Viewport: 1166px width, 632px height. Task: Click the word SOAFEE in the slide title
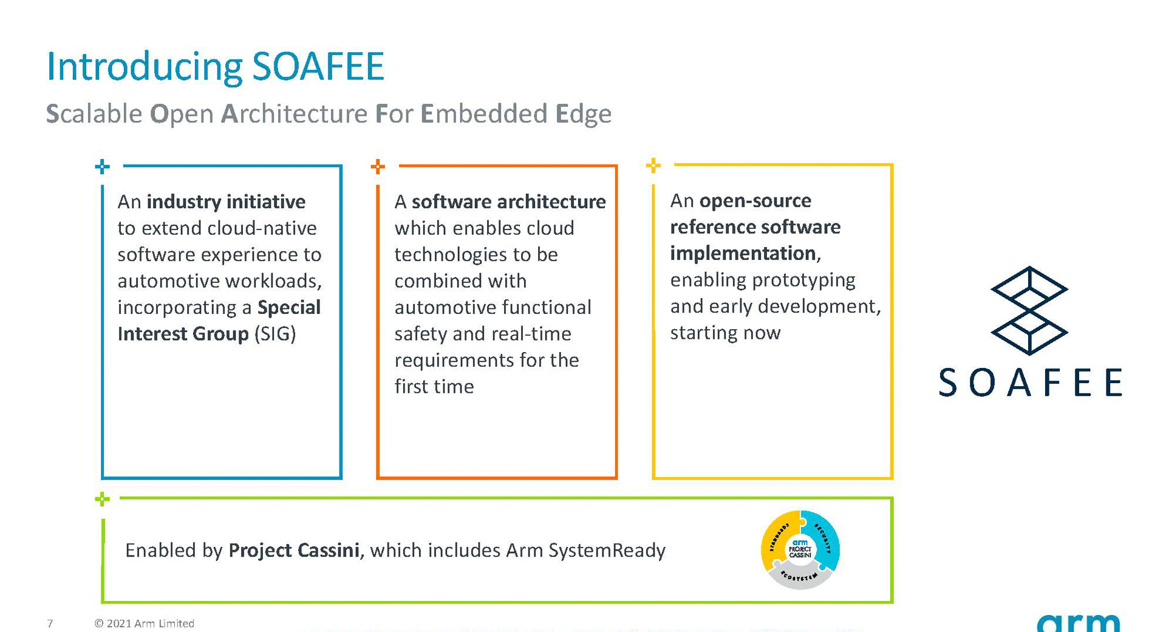point(318,66)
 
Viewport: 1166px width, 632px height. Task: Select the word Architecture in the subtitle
point(294,114)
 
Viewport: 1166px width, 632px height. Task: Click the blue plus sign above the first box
point(103,166)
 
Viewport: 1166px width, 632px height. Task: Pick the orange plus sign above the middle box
point(378,166)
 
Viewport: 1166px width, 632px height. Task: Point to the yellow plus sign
point(653,165)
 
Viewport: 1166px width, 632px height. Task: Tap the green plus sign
point(103,499)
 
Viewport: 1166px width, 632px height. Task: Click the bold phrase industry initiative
point(226,202)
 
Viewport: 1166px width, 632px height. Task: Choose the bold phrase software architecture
point(508,202)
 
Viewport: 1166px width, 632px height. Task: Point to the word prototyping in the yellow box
point(803,280)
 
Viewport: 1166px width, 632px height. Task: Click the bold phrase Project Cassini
point(294,551)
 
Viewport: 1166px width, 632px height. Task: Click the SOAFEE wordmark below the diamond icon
point(1030,382)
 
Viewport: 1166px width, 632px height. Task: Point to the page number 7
point(50,624)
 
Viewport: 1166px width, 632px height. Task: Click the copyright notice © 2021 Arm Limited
point(145,624)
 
